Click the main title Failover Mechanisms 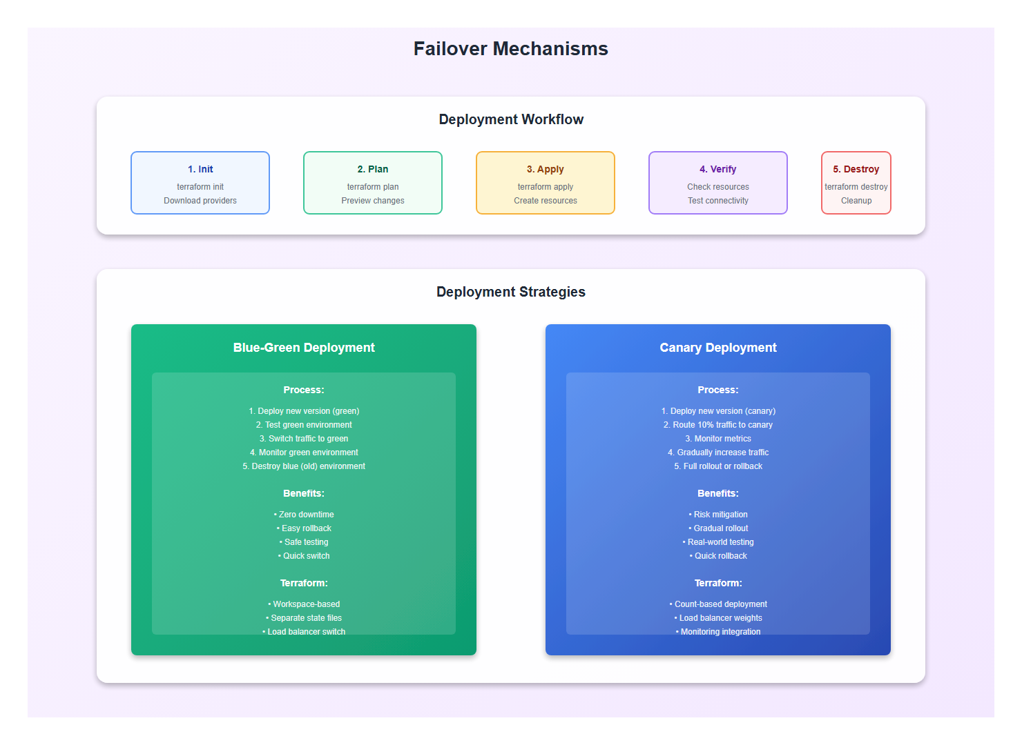[x=510, y=49]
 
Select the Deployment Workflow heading [x=511, y=119]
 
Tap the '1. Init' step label [x=200, y=169]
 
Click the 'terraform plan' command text [x=373, y=187]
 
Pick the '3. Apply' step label [x=546, y=169]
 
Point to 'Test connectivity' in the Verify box [x=718, y=201]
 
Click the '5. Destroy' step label [x=856, y=169]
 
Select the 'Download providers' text [x=200, y=201]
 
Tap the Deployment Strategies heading [x=511, y=292]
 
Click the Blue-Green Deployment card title [x=304, y=348]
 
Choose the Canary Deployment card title [x=718, y=348]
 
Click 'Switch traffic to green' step [x=304, y=439]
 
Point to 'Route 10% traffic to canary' [x=718, y=425]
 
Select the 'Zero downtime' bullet [x=304, y=515]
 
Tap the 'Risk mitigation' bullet [x=718, y=515]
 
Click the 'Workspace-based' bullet [x=304, y=604]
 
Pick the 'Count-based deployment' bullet [x=718, y=604]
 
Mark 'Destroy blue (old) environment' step [x=304, y=466]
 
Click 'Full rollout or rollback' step [x=718, y=466]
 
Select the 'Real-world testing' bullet [x=718, y=542]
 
